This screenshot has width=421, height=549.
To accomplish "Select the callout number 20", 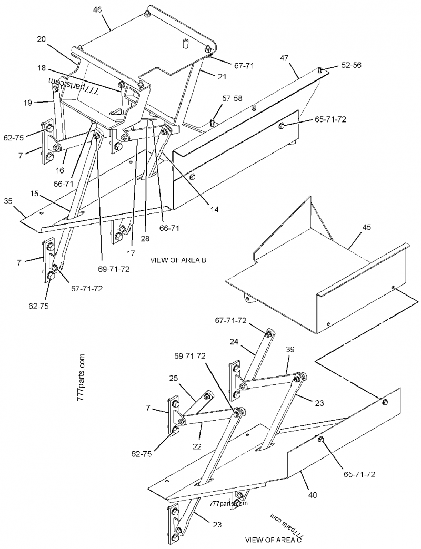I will [x=42, y=40].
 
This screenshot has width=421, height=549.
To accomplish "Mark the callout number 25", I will [x=174, y=378].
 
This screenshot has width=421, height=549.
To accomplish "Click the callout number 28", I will [x=145, y=238].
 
